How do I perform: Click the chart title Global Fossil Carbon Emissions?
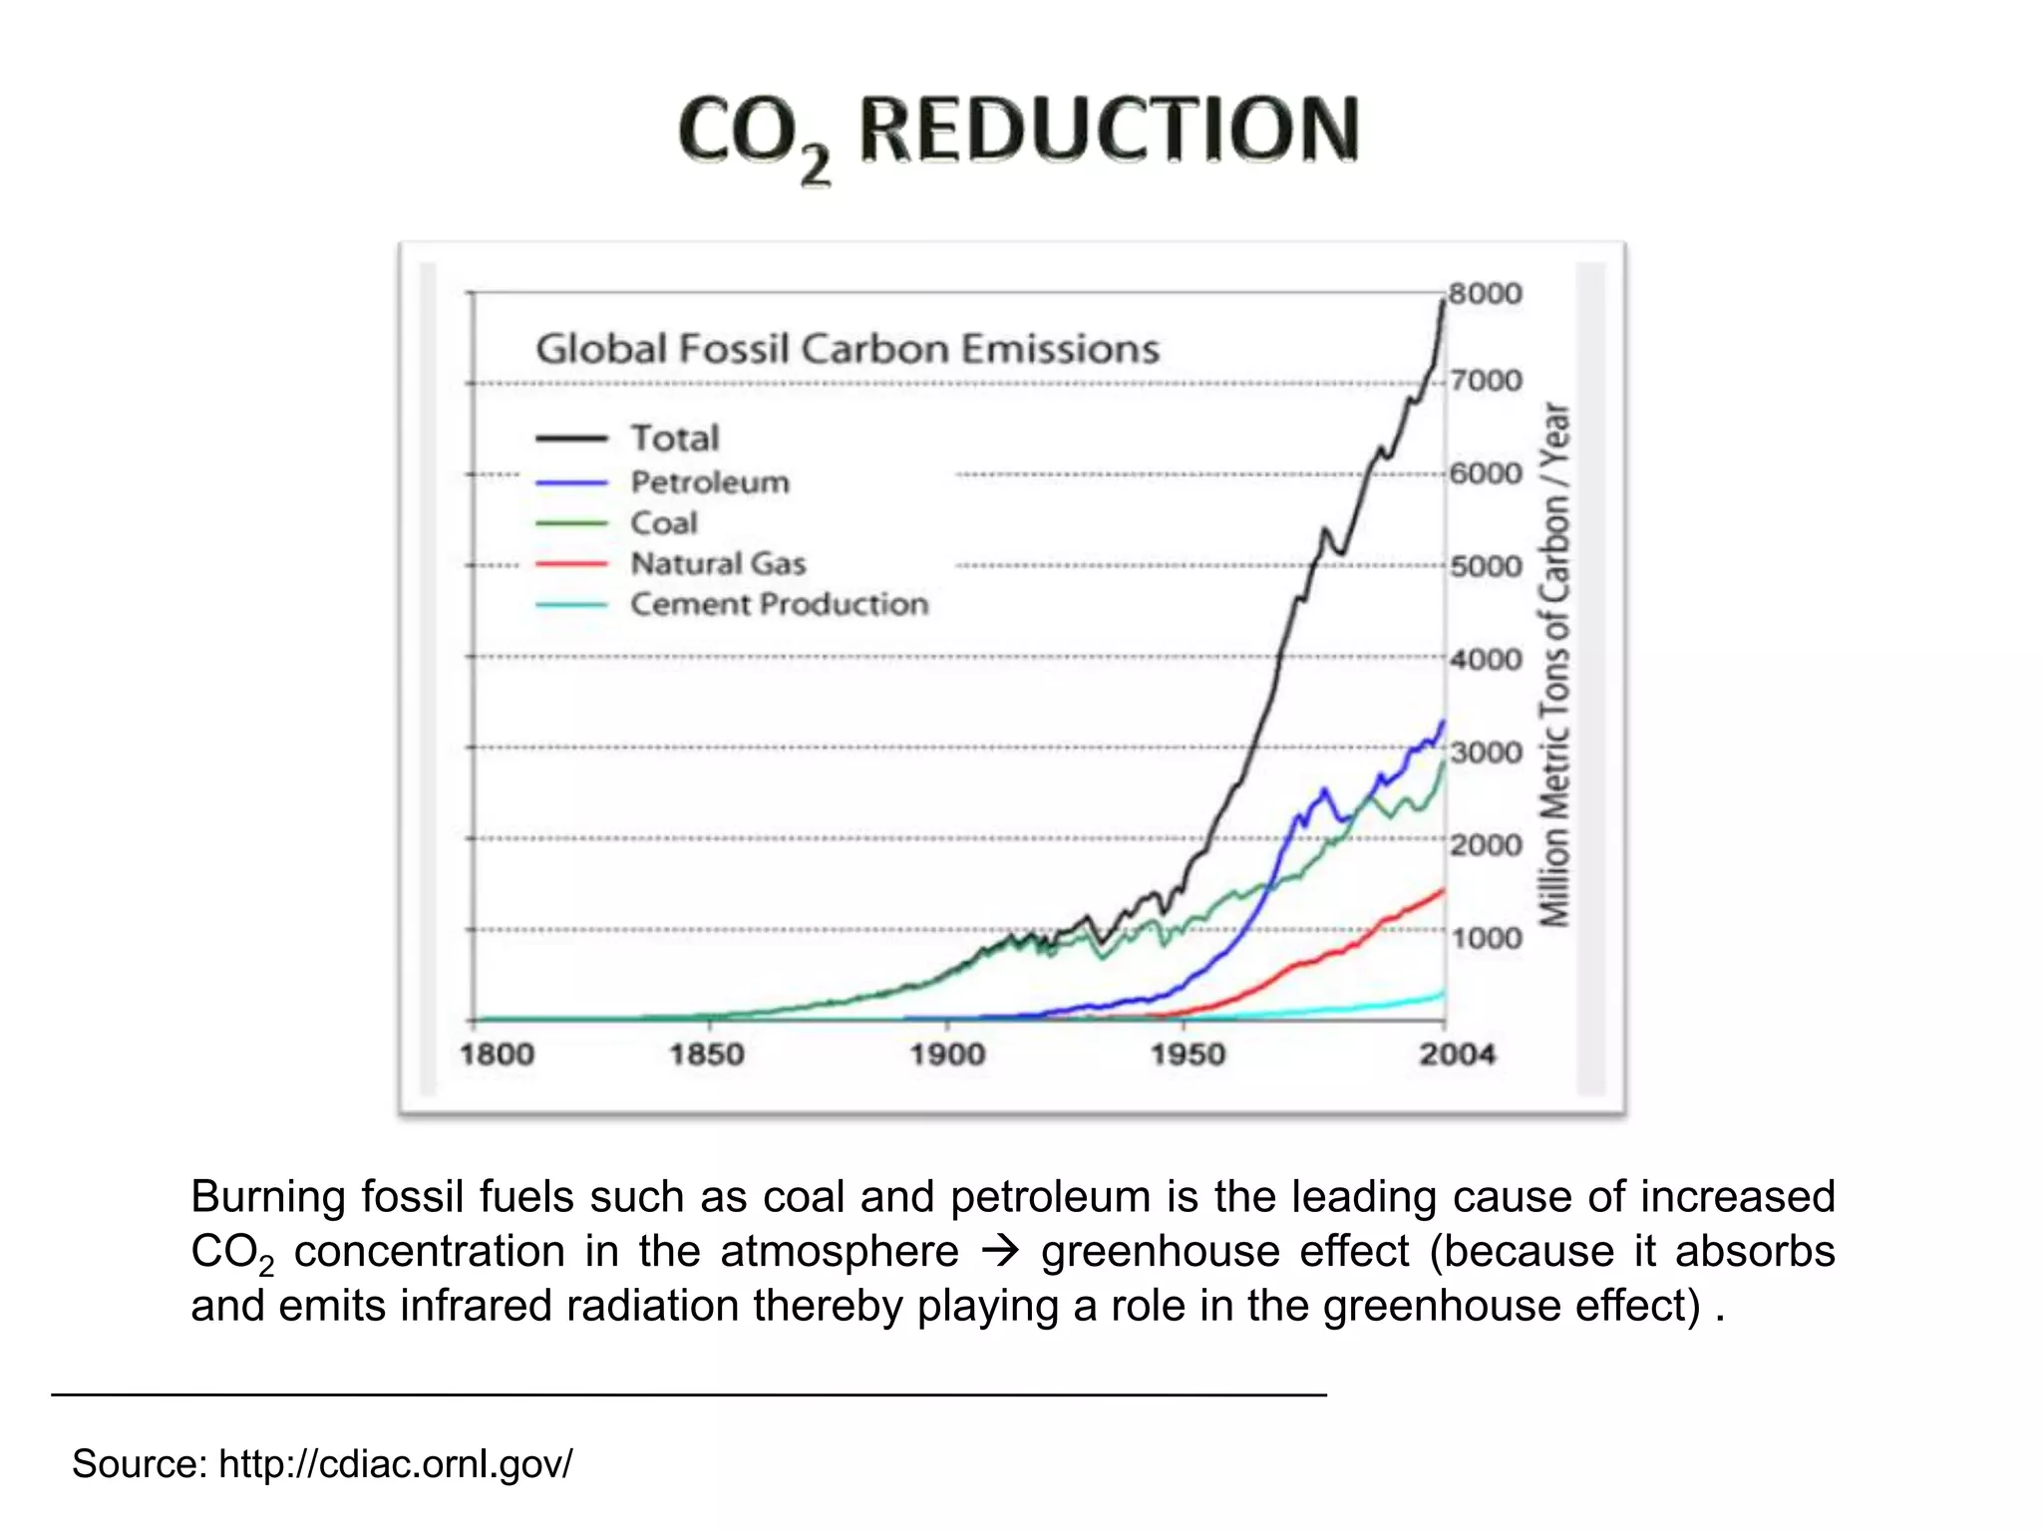(848, 349)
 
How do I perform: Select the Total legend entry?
(674, 438)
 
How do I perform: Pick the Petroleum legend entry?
(709, 482)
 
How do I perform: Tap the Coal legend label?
(663, 522)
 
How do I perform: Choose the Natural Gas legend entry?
(718, 563)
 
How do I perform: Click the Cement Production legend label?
(779, 604)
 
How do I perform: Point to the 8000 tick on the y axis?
(1485, 294)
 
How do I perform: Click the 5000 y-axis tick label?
(1486, 566)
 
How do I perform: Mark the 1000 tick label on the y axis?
(1486, 938)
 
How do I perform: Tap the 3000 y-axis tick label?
(1486, 752)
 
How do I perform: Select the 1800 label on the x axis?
(497, 1055)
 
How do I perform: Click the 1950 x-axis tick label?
(1187, 1055)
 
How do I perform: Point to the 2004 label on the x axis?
(1457, 1055)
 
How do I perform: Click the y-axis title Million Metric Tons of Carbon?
(1553, 665)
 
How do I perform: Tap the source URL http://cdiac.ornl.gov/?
(395, 1464)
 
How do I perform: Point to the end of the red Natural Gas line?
(1442, 891)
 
